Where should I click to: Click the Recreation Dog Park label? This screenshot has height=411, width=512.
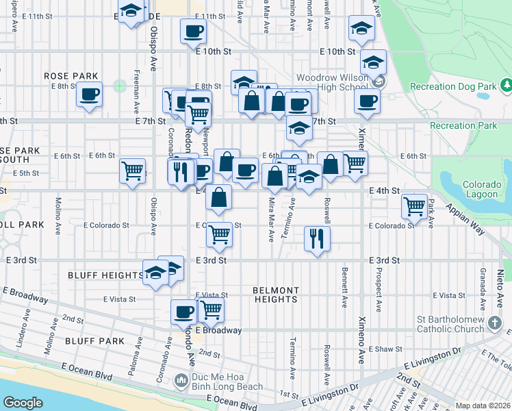(452, 87)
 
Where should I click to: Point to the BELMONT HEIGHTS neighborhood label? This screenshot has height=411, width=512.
(275, 295)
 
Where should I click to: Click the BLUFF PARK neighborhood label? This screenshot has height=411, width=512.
(95, 340)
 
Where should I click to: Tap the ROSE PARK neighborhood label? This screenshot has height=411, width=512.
(71, 76)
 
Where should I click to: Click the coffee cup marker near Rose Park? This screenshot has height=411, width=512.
(89, 95)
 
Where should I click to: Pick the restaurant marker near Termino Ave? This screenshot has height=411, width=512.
(316, 238)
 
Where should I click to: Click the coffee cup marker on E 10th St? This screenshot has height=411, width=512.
(193, 31)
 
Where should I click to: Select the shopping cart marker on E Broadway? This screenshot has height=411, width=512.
(210, 310)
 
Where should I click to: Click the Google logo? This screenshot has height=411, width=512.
(23, 402)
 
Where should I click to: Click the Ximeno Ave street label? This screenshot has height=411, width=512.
(361, 340)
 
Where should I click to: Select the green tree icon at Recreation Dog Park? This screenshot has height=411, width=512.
(507, 86)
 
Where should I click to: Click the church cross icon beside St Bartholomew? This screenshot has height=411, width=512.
(496, 321)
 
